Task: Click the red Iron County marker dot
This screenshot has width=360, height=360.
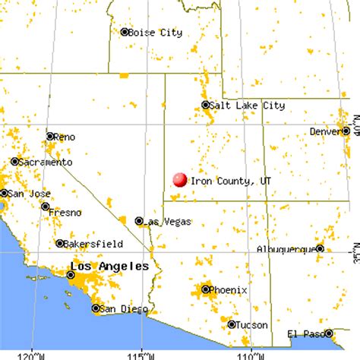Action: [x=180, y=179]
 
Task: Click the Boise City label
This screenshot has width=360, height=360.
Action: [x=156, y=33]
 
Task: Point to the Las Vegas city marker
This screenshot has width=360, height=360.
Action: [x=139, y=221]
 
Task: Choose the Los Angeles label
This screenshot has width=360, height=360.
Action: [x=109, y=267]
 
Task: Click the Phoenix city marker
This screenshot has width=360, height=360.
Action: [x=206, y=289]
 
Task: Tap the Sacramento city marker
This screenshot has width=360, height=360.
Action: [x=14, y=162]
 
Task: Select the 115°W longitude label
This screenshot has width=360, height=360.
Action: [x=140, y=355]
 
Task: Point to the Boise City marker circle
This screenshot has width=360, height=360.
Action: [x=125, y=32]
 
